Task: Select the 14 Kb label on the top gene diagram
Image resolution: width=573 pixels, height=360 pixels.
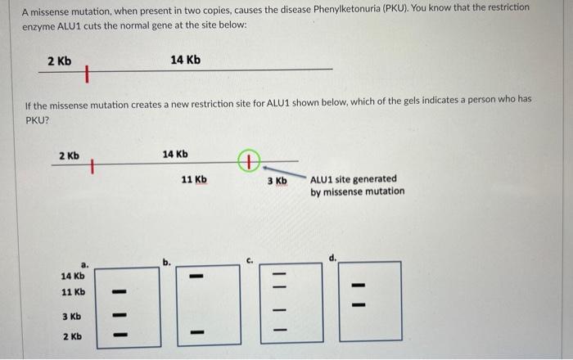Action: coord(185,60)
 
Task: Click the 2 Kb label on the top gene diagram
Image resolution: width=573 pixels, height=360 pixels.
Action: coord(59,61)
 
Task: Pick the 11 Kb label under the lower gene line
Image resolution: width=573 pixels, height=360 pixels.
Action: coord(194,179)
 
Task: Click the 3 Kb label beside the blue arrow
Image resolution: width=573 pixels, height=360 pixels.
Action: coord(277,180)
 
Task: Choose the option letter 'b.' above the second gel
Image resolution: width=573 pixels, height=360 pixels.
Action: coord(166,263)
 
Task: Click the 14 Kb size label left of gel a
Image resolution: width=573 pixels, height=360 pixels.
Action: coord(73,276)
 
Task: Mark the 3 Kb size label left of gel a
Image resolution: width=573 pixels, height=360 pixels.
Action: coord(71,316)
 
